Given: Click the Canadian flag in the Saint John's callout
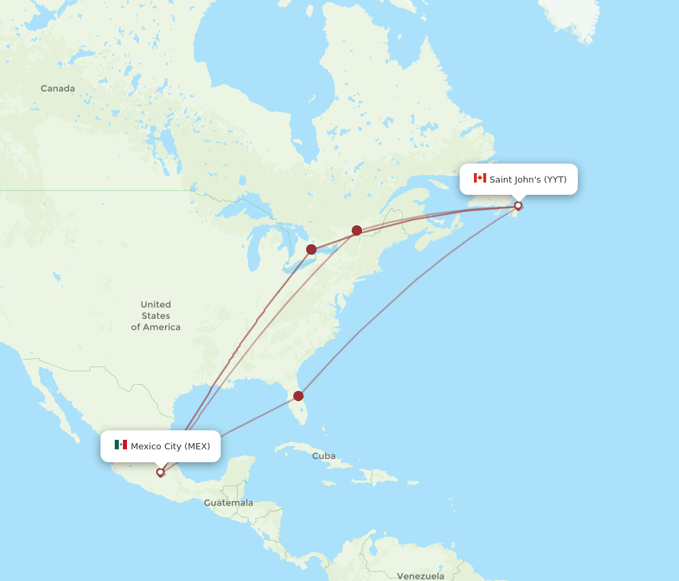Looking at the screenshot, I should click(x=480, y=179).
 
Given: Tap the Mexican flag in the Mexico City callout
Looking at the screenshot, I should click(x=121, y=445).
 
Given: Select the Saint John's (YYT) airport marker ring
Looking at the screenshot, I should click(x=518, y=206).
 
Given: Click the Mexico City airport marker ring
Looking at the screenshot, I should click(x=160, y=472).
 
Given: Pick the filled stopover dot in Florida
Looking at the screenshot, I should click(x=298, y=396).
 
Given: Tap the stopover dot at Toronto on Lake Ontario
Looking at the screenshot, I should click(x=311, y=249).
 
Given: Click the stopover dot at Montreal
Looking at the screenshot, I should click(x=356, y=230).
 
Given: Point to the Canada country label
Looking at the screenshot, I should click(x=58, y=88).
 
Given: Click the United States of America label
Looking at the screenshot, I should click(x=155, y=316).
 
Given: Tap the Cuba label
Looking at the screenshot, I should click(x=323, y=456).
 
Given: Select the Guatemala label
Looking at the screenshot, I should click(x=228, y=503).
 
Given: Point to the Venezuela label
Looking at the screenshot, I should click(x=420, y=576).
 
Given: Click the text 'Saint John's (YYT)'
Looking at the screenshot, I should click(x=528, y=179).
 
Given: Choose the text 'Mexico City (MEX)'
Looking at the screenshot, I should click(x=170, y=446).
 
